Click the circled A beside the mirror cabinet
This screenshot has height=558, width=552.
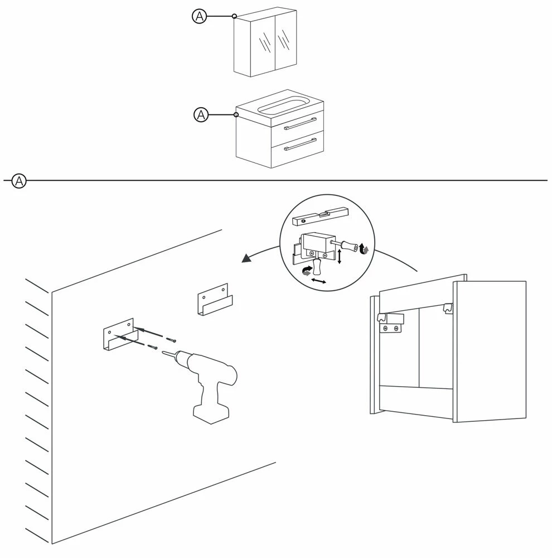coord(200,17)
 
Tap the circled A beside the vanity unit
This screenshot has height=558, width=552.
coord(201,116)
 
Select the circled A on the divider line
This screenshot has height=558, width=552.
coord(19,181)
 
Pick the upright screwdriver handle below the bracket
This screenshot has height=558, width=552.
coord(318,268)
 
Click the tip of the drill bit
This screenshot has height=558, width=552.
coord(162,352)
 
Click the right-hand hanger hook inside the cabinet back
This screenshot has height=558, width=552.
coord(447,307)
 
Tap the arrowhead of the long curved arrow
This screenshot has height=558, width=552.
coord(245,258)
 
